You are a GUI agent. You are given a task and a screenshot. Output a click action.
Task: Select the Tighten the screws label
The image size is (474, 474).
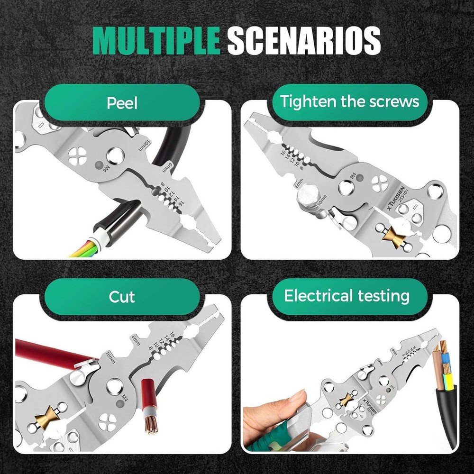(349, 101)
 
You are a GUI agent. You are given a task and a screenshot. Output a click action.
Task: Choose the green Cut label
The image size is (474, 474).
(122, 297)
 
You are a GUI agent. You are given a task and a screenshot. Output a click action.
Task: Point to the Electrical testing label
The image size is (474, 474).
(346, 296)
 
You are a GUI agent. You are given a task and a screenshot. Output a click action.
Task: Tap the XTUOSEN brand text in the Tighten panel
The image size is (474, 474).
(394, 197)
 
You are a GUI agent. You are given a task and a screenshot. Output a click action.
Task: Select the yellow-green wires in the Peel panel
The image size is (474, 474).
(88, 249)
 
